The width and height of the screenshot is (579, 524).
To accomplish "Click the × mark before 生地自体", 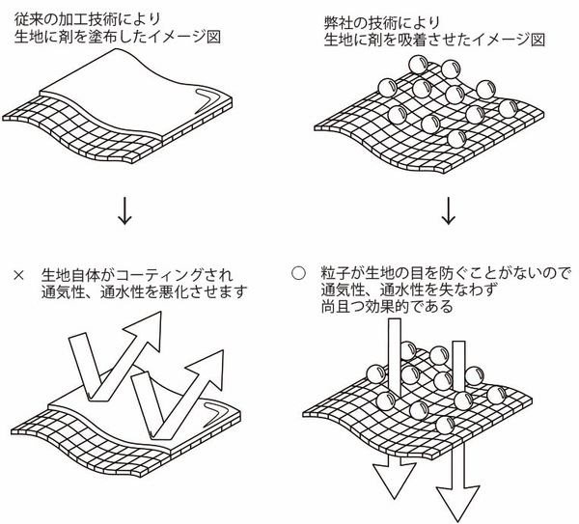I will (x=19, y=274).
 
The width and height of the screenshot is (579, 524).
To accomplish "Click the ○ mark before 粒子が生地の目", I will (x=298, y=273).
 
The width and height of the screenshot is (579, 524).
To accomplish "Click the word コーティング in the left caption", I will (x=171, y=274).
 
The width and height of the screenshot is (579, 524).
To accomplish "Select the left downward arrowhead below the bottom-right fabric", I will (x=392, y=475).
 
